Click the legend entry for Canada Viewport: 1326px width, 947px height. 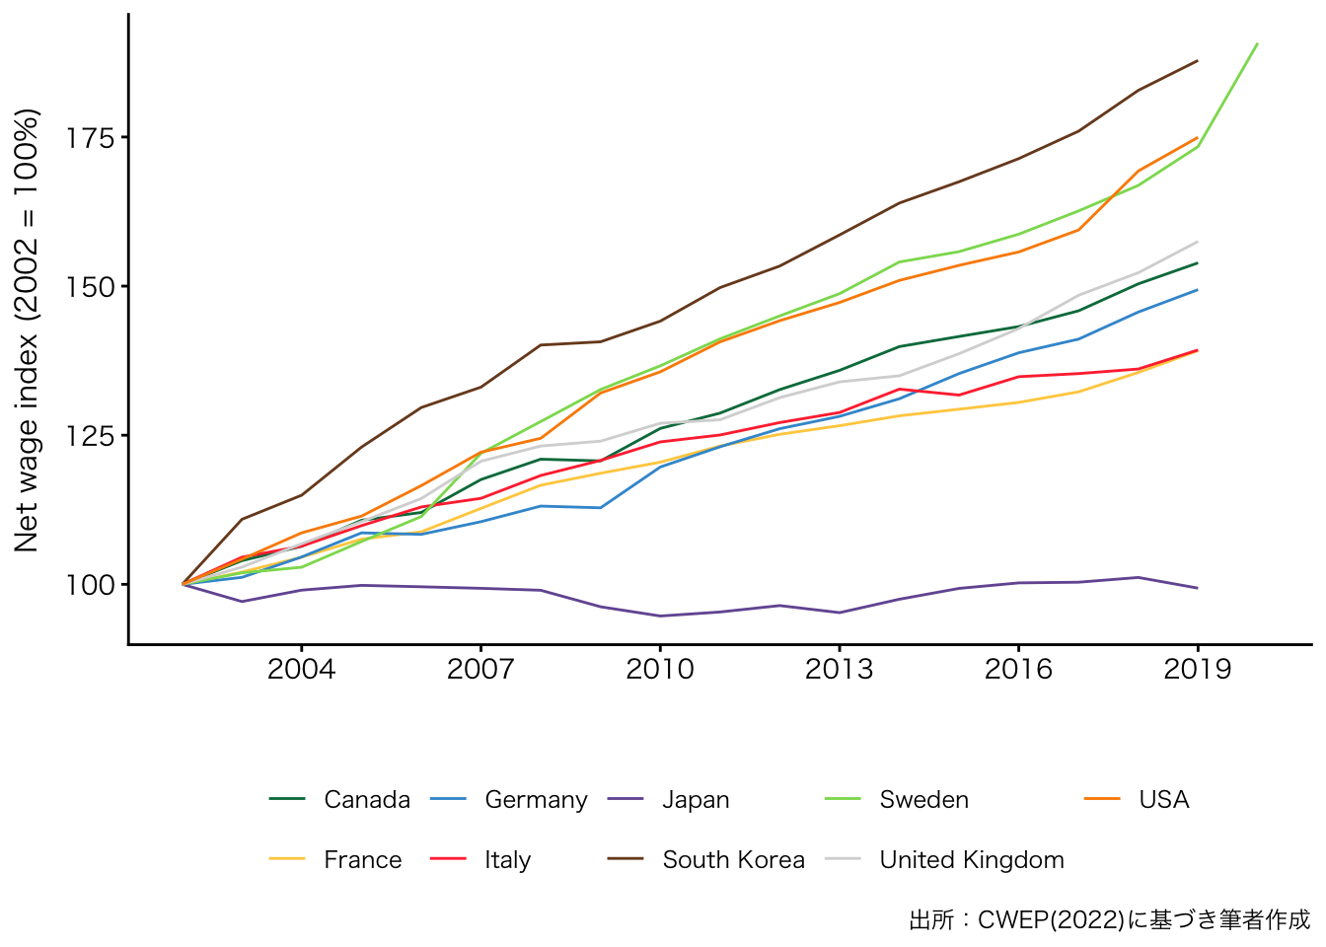366,800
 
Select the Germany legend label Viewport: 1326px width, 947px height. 536,800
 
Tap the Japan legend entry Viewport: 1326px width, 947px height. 696,800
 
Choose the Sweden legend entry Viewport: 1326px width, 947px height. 923,800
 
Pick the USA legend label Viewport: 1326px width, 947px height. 1163,800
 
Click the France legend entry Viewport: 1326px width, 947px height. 362,860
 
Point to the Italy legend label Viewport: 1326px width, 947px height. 507,860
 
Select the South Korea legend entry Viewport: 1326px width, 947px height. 733,860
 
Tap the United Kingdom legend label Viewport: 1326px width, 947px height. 972,860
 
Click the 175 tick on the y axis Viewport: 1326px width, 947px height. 90,137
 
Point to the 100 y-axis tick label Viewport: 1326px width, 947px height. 90,585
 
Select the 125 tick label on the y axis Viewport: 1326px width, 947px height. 90,436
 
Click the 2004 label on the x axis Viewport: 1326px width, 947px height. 301,670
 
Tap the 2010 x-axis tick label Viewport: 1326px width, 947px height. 660,670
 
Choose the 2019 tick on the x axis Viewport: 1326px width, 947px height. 1198,670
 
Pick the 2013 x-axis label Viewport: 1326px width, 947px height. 840,670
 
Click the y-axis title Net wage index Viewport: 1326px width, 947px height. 27,329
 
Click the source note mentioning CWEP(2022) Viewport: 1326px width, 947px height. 1109,920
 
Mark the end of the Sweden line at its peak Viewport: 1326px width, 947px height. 1257,43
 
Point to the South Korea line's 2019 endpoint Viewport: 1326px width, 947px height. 1198,61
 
